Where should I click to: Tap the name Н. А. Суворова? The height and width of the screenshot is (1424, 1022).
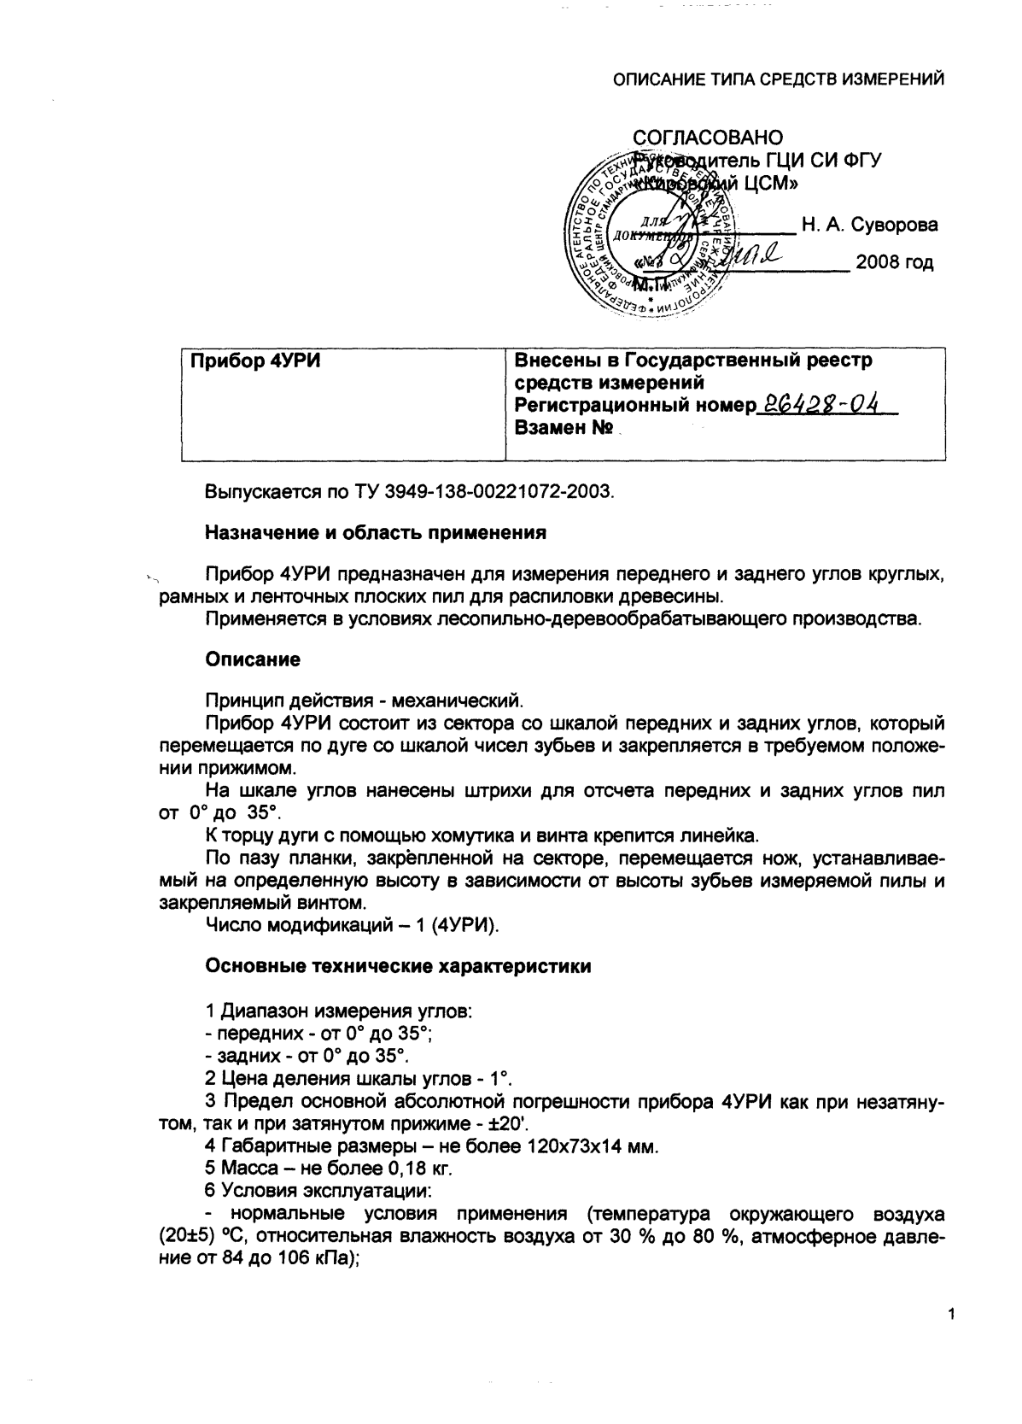pos(869,226)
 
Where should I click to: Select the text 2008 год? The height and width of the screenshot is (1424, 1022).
pos(894,262)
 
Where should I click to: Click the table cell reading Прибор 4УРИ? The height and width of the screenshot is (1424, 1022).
pos(254,361)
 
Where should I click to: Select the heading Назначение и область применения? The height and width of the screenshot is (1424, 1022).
pos(375,534)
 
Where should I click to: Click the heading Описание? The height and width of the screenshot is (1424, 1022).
pos(253,660)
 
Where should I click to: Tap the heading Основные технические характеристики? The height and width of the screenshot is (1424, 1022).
pos(398,967)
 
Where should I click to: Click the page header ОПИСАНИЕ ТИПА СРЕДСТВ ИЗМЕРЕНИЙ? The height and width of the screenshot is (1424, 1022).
pos(779,80)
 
